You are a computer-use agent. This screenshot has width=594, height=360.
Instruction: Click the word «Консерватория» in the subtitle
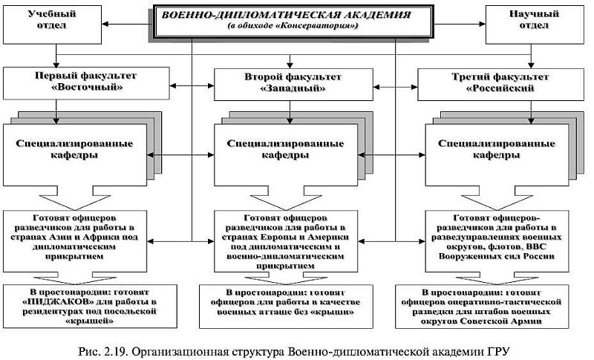coord(324,27)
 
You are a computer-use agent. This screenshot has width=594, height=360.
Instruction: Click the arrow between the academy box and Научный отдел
coord(465,20)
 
